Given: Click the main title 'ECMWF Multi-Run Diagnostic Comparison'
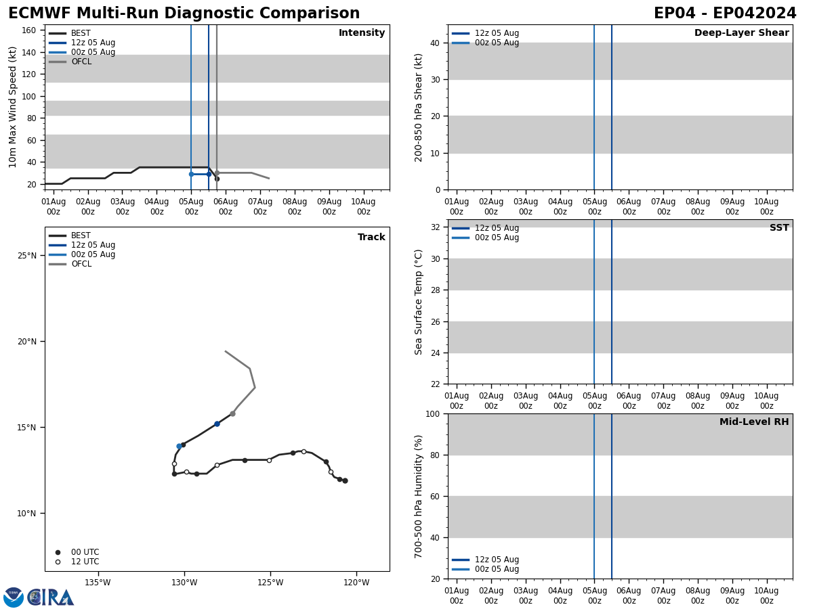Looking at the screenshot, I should point(184,14).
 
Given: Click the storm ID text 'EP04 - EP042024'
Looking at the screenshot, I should point(724,14).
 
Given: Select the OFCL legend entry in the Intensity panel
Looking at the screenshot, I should point(81,62).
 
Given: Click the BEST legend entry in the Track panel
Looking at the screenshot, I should point(81,235).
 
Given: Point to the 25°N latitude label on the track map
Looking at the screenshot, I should point(27,255).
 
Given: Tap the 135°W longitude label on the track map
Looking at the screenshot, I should point(98,583).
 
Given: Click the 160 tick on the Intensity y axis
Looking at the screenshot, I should point(29,30).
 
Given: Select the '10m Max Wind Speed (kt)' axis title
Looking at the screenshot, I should point(13,107).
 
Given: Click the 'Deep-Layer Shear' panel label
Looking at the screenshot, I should point(741,33).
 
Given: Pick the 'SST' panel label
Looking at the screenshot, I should point(779,228).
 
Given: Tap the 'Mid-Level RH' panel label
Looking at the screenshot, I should point(754,422).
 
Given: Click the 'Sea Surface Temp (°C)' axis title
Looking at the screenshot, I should point(419,302).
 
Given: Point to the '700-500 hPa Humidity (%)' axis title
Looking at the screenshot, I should point(419,496).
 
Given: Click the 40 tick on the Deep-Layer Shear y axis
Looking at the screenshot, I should point(434,43).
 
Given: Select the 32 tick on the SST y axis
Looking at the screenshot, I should point(434,227).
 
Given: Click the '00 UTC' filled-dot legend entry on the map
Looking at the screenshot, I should point(85,552).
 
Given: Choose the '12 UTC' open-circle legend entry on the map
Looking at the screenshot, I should point(85,562).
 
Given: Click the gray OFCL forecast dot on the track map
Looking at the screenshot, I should point(232,413).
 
